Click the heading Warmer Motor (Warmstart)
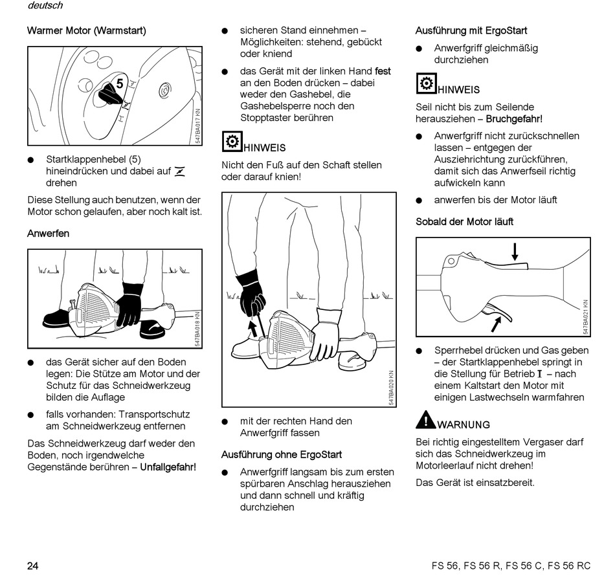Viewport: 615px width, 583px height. tap(86, 30)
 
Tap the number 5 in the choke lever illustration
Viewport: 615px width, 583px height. tap(120, 83)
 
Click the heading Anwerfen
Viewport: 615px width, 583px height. tap(48, 233)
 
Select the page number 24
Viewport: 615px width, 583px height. tap(32, 566)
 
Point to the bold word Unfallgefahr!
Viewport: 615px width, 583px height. tap(168, 467)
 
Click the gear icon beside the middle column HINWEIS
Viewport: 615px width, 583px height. tap(231, 141)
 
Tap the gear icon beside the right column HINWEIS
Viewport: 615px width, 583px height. tap(425, 83)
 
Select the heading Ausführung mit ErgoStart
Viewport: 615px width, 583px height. tap(471, 30)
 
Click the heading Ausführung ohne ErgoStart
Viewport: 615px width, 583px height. tap(282, 454)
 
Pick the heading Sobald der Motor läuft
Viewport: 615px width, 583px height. tap(464, 222)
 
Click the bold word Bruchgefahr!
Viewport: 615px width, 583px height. tap(514, 119)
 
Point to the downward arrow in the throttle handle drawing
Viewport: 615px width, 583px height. tap(515, 251)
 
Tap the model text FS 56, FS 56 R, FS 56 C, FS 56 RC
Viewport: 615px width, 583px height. tap(511, 566)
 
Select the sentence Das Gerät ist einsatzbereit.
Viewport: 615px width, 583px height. tap(475, 483)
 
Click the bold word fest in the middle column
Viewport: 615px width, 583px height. tap(383, 71)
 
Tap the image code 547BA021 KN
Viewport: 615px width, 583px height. tap(585, 317)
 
